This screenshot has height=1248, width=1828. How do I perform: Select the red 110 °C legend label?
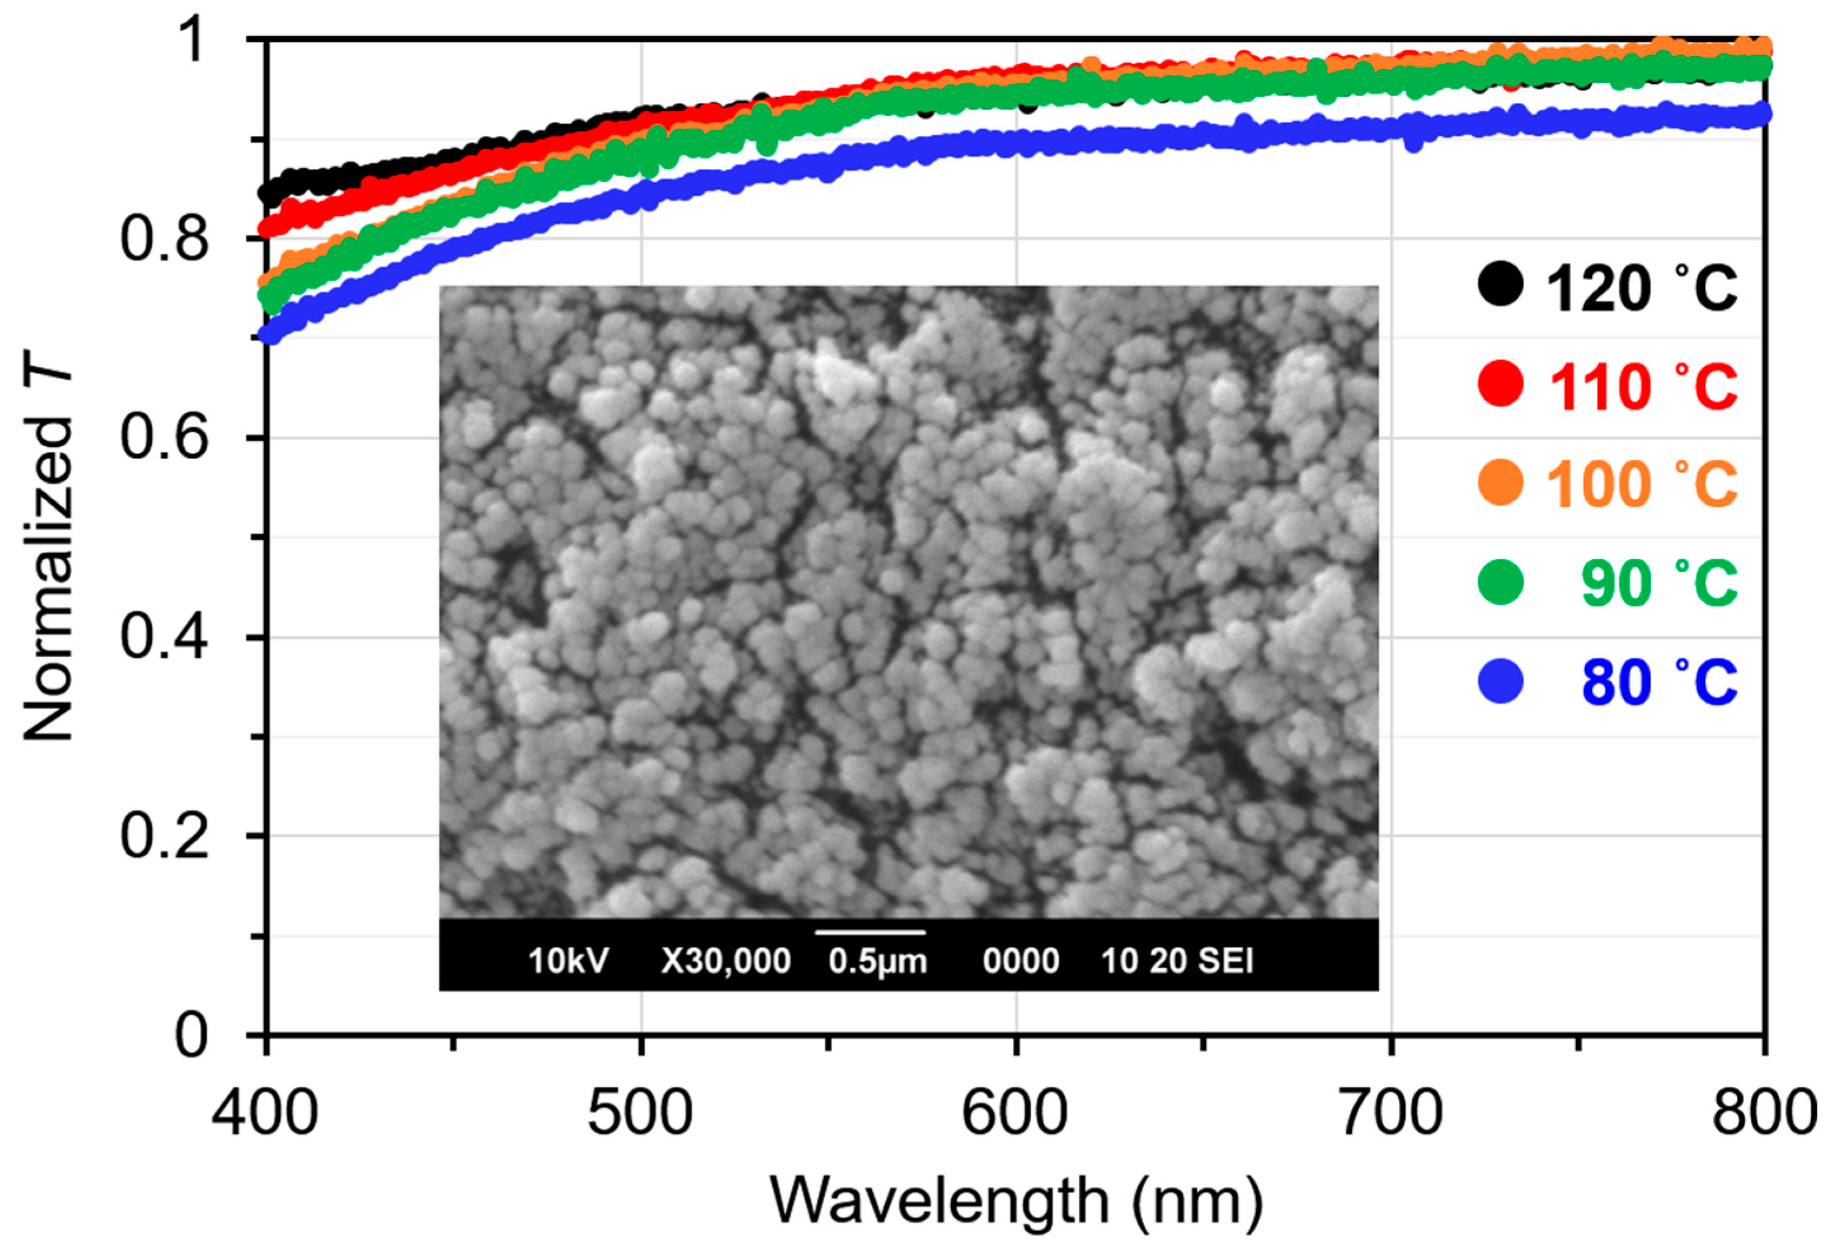pos(1642,385)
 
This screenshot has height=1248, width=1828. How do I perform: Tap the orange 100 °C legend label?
pos(1642,484)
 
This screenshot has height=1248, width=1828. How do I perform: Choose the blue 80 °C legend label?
pos(1658,681)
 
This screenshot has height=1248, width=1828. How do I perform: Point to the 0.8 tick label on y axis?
pos(165,238)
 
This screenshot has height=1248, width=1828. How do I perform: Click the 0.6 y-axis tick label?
pos(165,438)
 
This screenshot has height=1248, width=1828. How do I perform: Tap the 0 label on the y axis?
pos(191,1036)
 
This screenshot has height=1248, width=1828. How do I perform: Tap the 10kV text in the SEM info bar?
pos(568,961)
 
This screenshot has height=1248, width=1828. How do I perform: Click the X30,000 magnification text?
pos(725,961)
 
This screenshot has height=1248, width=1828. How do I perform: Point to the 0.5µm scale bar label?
pos(878,961)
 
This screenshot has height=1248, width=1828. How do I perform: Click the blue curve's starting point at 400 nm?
pos(270,334)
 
